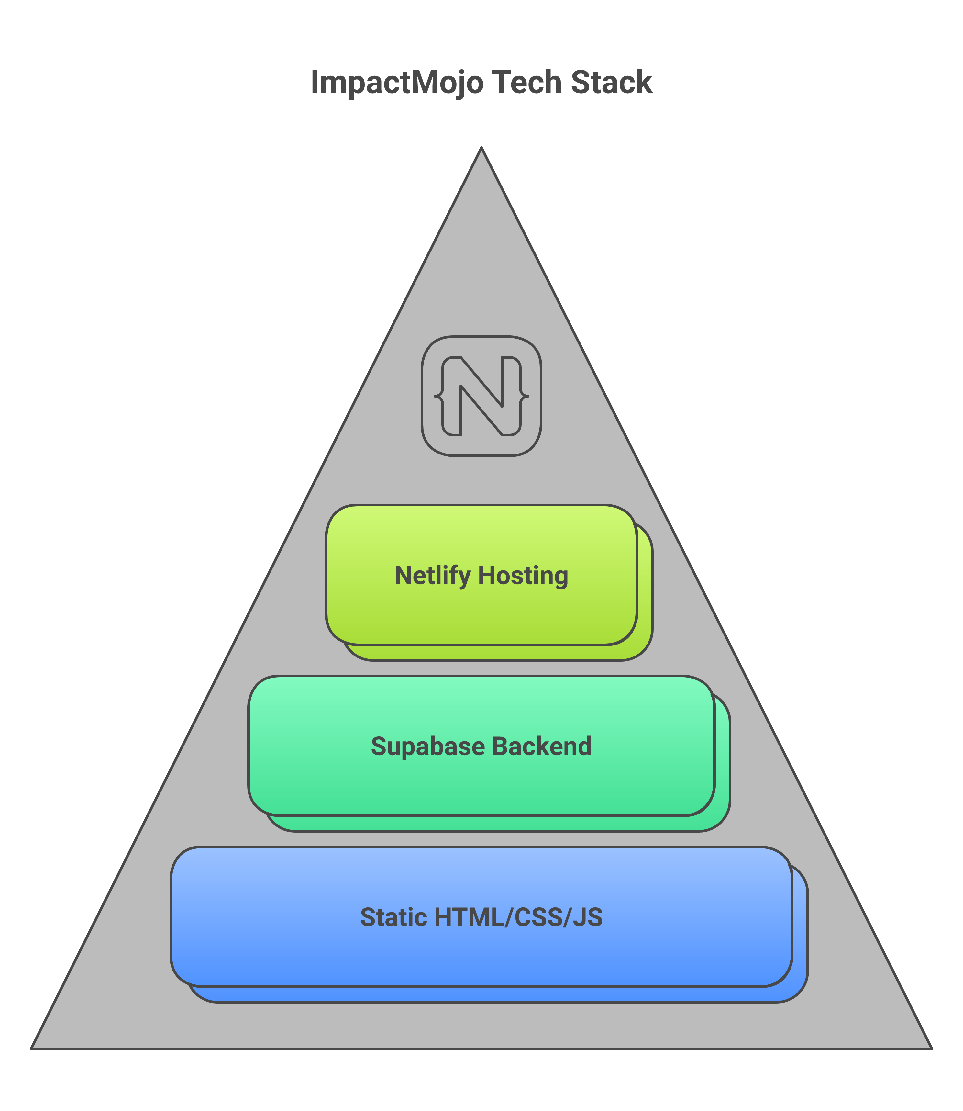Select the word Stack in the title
[611, 83]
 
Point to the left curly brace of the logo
[439, 396]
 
